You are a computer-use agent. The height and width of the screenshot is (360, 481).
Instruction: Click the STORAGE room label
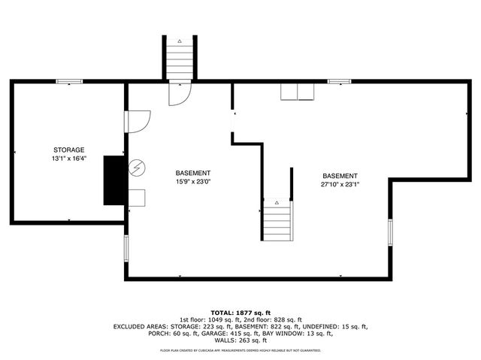point(68,150)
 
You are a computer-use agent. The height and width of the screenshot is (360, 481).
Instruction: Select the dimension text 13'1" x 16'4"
point(68,159)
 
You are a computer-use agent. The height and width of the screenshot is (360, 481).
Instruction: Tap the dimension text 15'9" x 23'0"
point(193,181)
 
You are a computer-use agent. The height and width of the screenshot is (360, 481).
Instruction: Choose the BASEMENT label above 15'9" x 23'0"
point(193,172)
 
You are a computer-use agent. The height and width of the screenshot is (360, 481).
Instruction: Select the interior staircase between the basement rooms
point(277,219)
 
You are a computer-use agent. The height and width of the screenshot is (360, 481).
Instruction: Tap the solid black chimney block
point(114,180)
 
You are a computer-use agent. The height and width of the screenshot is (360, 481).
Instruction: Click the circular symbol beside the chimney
point(136,166)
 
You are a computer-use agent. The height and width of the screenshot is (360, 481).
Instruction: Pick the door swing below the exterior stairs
point(181,94)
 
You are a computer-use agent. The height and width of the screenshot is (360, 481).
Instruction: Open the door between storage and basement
point(138,121)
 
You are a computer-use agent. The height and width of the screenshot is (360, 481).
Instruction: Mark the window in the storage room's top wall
point(69,81)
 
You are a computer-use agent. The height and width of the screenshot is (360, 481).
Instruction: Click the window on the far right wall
point(389,232)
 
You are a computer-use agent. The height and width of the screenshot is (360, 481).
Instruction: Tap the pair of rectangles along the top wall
point(298,92)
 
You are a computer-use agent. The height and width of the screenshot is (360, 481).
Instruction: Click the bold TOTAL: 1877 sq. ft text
point(240,311)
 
